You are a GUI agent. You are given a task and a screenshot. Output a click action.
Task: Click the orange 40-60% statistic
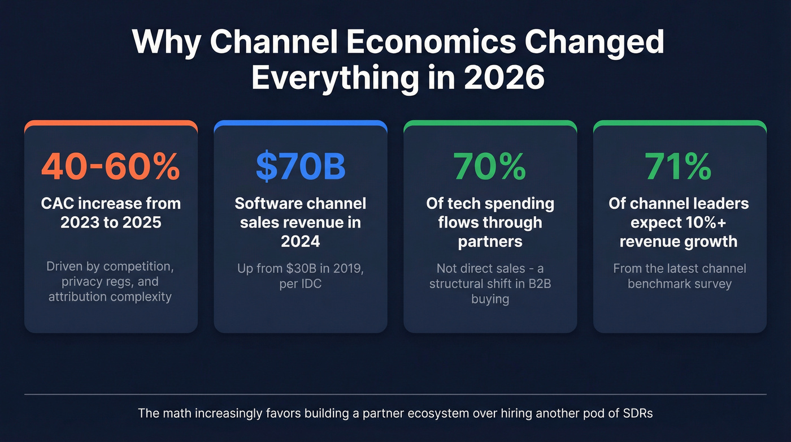(x=111, y=166)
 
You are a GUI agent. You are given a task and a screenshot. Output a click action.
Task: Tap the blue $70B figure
(x=300, y=166)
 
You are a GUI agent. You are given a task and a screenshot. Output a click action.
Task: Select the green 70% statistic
(x=490, y=166)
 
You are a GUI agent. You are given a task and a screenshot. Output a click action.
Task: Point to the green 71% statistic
(x=679, y=166)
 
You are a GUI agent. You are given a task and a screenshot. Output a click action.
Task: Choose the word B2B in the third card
(x=536, y=284)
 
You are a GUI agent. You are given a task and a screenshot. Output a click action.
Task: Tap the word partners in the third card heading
(x=490, y=242)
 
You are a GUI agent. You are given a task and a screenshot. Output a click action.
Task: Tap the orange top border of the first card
(x=111, y=123)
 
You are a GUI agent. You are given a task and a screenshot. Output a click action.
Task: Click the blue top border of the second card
(x=300, y=123)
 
